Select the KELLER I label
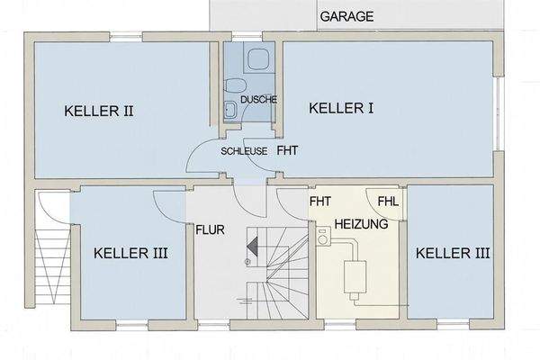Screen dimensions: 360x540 [x=341, y=108]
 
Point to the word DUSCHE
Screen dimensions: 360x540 [x=258, y=99]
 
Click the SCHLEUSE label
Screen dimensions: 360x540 [x=244, y=151]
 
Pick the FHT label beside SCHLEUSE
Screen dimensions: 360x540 [x=287, y=151]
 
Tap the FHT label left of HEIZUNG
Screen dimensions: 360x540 [x=319, y=201]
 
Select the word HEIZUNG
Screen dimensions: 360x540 [x=361, y=223]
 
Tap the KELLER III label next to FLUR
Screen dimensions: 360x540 [x=130, y=253]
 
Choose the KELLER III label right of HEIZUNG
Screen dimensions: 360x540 [x=453, y=253]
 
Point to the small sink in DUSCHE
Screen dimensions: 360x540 [x=229, y=111]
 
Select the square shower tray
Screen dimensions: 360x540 [x=258, y=60]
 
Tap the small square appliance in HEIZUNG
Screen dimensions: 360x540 [x=324, y=239]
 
